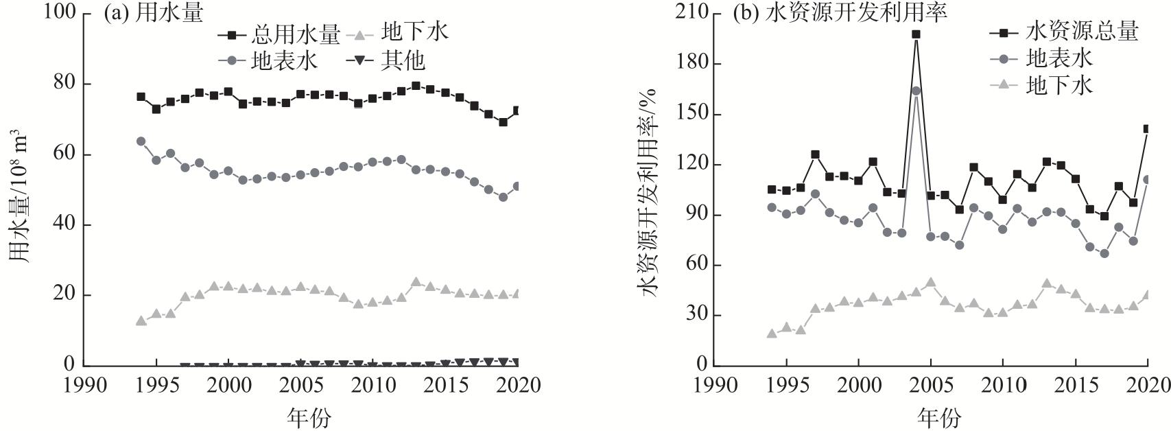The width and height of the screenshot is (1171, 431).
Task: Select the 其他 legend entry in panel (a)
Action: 403,61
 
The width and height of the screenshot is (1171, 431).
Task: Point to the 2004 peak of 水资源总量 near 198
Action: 916,34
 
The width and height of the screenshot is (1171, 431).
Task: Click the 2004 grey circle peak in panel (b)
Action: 916,91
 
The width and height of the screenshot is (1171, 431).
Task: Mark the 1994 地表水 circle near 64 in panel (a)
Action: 141,141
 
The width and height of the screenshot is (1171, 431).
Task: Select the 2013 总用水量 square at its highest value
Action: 416,86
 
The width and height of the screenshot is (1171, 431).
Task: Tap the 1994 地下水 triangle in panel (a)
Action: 141,321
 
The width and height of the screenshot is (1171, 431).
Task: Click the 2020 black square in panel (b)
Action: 1148,129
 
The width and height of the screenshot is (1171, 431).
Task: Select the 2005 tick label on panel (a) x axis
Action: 300,385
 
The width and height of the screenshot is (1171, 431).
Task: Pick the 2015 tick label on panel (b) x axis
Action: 1075,385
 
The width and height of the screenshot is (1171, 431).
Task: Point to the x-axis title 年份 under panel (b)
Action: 938,417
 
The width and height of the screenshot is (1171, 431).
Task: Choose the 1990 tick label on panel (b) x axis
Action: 714,385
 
